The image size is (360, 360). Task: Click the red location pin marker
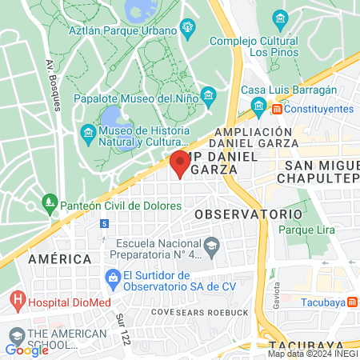point(179,163)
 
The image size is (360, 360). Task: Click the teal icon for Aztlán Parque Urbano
point(188,30)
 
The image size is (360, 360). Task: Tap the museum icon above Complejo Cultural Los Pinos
point(280,18)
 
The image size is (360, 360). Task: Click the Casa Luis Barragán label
point(289,90)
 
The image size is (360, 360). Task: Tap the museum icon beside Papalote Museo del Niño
point(208,98)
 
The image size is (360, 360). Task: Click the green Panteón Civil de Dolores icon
point(50,203)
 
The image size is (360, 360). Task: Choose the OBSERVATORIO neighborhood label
point(248,214)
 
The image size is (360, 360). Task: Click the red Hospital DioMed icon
point(18,302)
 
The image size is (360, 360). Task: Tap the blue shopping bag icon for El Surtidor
point(113,277)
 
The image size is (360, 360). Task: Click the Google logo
point(27,350)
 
